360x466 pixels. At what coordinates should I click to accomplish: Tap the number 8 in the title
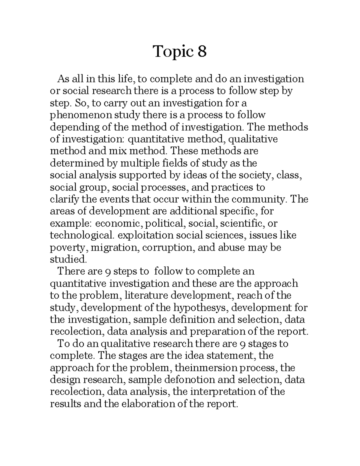202,51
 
